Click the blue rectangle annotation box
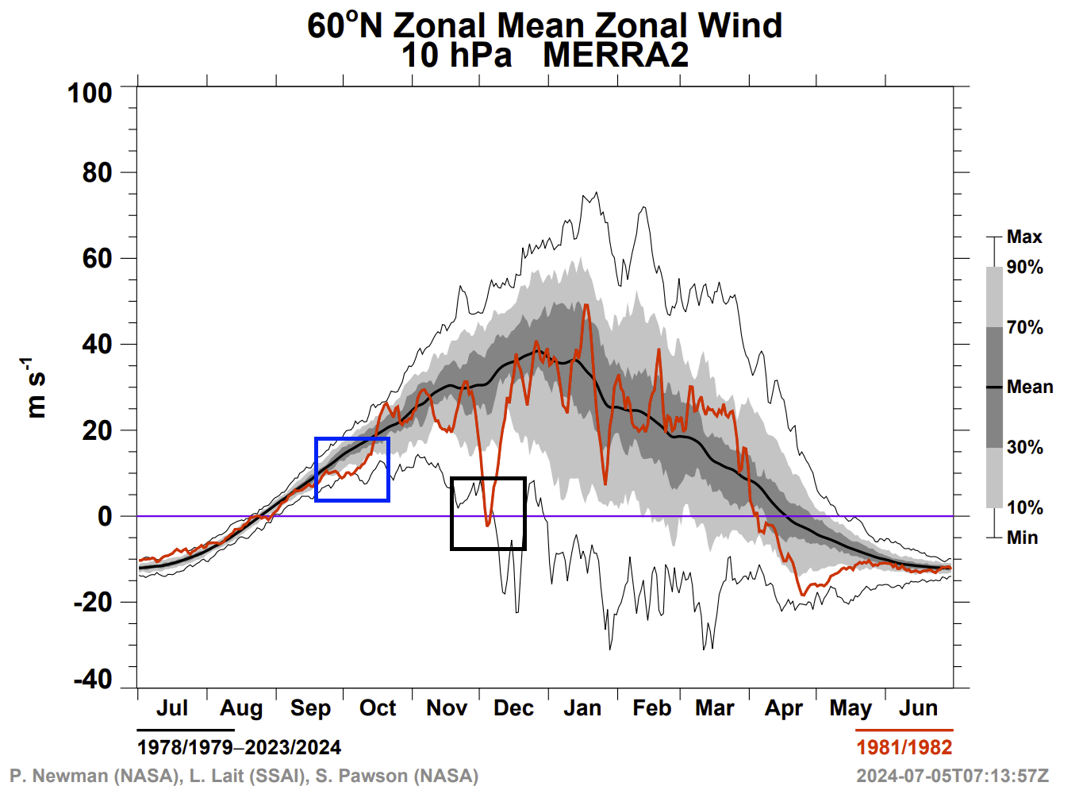coord(352,469)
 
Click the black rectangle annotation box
coord(488,513)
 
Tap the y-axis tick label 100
coord(90,93)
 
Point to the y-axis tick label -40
coord(93,680)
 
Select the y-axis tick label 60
coord(98,258)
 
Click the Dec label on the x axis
coord(513,708)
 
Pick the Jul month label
coord(172,708)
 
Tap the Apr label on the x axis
coord(784,708)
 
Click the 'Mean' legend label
coord(1030,387)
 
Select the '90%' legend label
coord(1025,268)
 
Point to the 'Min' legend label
coord(1022,538)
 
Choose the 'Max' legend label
coord(1024,237)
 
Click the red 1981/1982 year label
coord(904,747)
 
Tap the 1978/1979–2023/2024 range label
coord(239,747)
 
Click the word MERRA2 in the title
coord(616,56)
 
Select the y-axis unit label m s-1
coord(36,387)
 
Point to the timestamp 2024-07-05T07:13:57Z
coord(952,776)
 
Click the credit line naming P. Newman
coord(244,776)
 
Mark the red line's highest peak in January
coord(586,305)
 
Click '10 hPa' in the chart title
coord(456,56)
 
